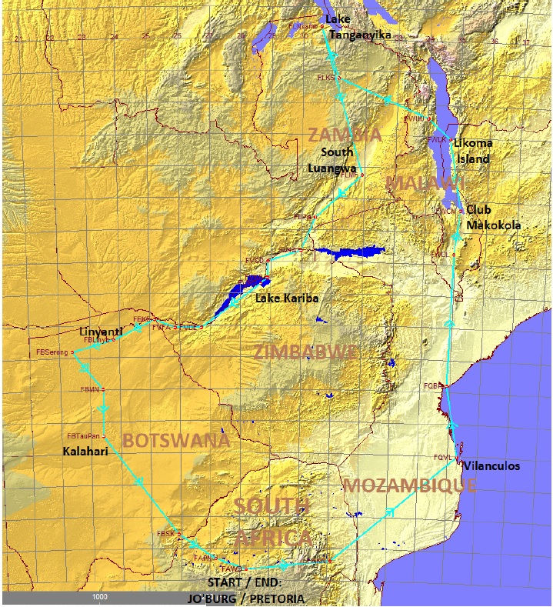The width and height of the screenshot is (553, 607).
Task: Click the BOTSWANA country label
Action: click(175, 441)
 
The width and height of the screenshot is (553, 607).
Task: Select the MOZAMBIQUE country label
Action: click(409, 485)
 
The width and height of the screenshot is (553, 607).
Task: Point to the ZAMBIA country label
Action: click(344, 135)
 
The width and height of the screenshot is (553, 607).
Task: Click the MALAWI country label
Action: click(425, 183)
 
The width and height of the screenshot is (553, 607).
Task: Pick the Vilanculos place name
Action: click(490, 466)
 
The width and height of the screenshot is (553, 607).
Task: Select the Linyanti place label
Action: click(101, 331)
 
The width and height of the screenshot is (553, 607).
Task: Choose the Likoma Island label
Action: click(472, 151)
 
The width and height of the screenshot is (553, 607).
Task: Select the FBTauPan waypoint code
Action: click(83, 435)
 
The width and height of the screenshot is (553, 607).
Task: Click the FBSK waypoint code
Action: click(166, 533)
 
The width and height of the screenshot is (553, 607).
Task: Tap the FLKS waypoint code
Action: click(326, 78)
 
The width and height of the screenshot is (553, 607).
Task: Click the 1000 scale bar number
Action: click(99, 597)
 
